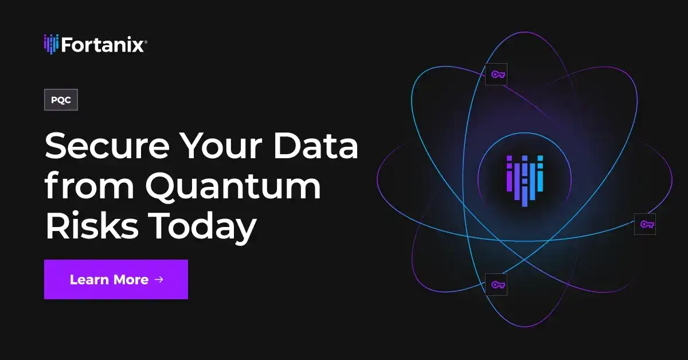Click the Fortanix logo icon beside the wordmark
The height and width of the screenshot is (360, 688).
coord(51,44)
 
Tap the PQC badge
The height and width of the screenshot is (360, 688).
coord(61,100)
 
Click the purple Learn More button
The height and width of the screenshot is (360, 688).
coord(116,279)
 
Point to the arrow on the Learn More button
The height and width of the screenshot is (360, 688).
coord(159,279)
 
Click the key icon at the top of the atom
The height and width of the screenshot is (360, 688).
coord(497,74)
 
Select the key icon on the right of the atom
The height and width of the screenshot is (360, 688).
coord(644,224)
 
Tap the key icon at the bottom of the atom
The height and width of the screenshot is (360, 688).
coord(497,284)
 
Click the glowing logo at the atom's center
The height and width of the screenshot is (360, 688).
coord(524,178)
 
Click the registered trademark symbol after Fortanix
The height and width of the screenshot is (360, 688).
coord(146,41)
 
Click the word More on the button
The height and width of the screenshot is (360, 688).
coord(131,279)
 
